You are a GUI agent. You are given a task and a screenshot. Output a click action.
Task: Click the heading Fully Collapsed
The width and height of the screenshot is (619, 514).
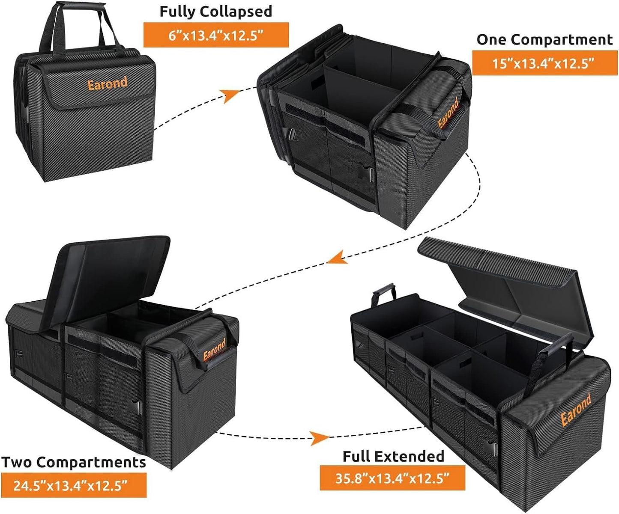click(x=215, y=12)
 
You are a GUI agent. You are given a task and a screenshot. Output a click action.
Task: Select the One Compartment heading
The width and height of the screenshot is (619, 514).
click(x=544, y=40)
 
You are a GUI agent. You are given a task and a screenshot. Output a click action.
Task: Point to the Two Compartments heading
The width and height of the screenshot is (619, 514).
click(x=73, y=463)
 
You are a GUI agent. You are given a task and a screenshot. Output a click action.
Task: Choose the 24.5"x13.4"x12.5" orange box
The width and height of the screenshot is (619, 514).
click(x=73, y=485)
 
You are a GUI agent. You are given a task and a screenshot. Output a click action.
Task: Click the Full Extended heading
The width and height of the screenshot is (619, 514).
click(x=393, y=456)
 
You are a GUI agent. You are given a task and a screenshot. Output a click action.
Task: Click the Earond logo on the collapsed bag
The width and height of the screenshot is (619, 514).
click(x=108, y=83)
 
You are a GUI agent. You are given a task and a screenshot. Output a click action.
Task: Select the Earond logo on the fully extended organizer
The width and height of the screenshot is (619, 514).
click(x=576, y=410)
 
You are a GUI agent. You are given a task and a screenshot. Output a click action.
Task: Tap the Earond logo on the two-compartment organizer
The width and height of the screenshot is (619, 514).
click(x=214, y=350)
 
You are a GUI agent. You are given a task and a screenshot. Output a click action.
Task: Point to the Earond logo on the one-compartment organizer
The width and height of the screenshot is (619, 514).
click(x=449, y=113)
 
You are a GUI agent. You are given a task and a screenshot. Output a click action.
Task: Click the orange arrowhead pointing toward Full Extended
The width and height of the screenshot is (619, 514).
click(x=319, y=438)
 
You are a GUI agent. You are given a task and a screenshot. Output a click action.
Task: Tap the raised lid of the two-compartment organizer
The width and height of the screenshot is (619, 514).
click(x=109, y=274)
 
